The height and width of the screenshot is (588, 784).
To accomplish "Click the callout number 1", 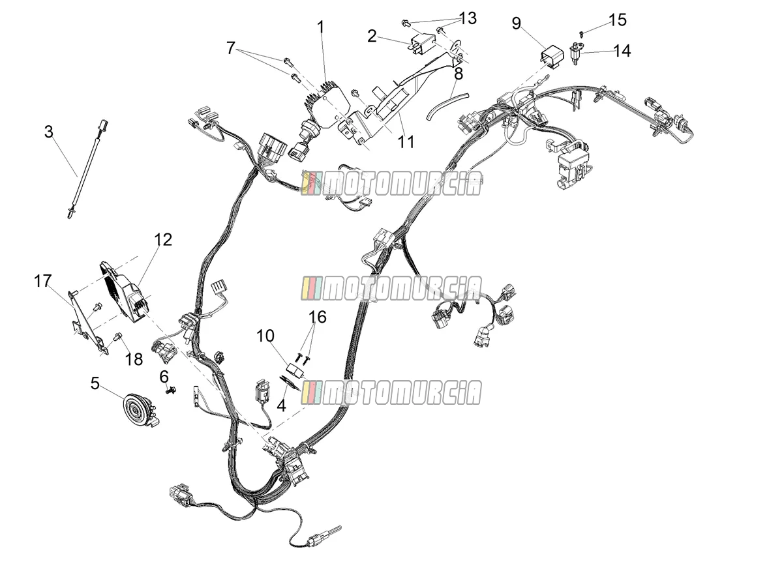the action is coord(321,27).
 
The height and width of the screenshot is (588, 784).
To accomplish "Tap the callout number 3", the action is coord(49,132).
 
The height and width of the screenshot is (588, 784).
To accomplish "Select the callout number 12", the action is coord(163,239).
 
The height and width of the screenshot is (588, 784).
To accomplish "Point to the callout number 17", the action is coord(43,280).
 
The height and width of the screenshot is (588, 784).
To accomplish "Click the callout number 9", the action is coord(517,23).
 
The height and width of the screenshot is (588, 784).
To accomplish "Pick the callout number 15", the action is coord(618,20).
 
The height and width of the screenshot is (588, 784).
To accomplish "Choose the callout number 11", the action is coord(406,141).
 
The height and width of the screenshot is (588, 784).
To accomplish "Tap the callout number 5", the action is coord(95,383).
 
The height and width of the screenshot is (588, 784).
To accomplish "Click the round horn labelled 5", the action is coord(140,410).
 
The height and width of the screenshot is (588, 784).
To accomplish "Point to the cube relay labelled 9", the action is coord(552,57).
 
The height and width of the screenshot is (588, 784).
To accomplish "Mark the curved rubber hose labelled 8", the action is coord(447,107).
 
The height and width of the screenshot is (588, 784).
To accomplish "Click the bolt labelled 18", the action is coord(117,336).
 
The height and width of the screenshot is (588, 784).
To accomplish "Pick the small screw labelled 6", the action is coord(170,390).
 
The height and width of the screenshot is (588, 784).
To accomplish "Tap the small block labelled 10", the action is coord(295,370).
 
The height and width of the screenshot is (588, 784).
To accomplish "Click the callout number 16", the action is coord(318,317).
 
